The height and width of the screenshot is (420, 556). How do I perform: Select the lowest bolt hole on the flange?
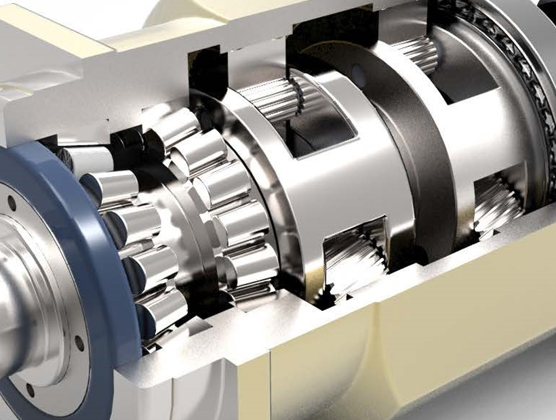[x=30, y=390]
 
